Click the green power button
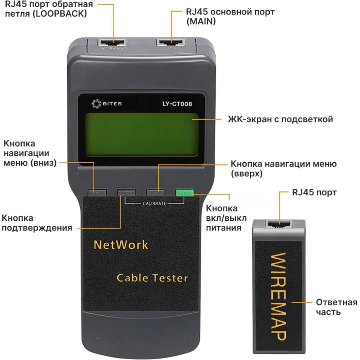coord(185,193)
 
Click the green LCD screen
coord(142,134)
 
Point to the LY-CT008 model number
coord(177,104)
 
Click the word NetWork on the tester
coord(121,245)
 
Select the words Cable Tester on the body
coord(152,278)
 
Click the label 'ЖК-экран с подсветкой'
coord(280,119)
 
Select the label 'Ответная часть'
coord(336,307)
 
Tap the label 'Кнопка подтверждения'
coord(37,223)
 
